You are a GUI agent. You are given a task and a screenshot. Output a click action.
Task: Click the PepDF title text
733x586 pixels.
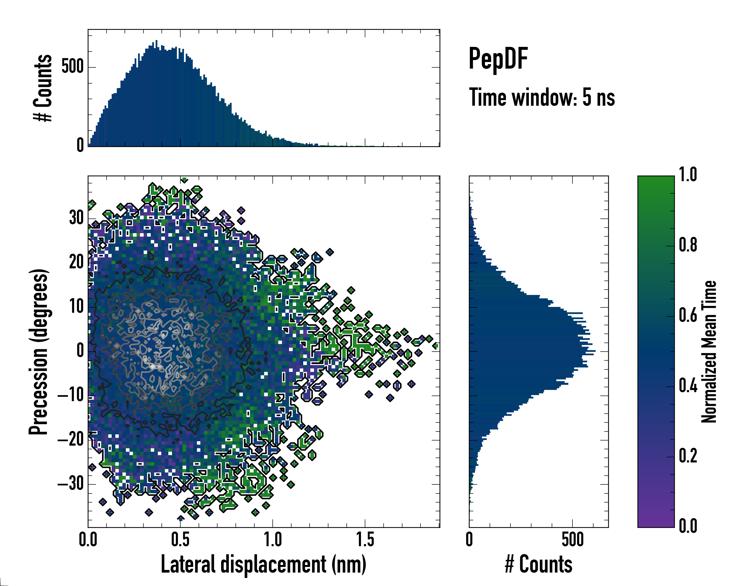click(498, 59)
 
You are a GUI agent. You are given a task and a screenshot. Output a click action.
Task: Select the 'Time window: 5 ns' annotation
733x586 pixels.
click(542, 97)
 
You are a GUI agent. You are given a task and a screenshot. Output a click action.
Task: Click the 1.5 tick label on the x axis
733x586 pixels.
click(365, 540)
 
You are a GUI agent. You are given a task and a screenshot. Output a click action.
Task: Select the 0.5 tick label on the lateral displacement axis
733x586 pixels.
click(180, 540)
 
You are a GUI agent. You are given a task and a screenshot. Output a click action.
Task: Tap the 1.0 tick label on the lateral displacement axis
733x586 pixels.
click(273, 540)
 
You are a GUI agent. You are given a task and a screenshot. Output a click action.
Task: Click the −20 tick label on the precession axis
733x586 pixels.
click(71, 440)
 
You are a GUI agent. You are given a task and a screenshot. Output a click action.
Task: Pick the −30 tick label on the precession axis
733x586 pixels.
click(71, 484)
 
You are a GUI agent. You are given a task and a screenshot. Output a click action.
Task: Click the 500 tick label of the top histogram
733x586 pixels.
click(72, 67)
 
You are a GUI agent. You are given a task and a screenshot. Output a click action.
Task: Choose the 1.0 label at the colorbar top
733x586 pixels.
click(688, 175)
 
